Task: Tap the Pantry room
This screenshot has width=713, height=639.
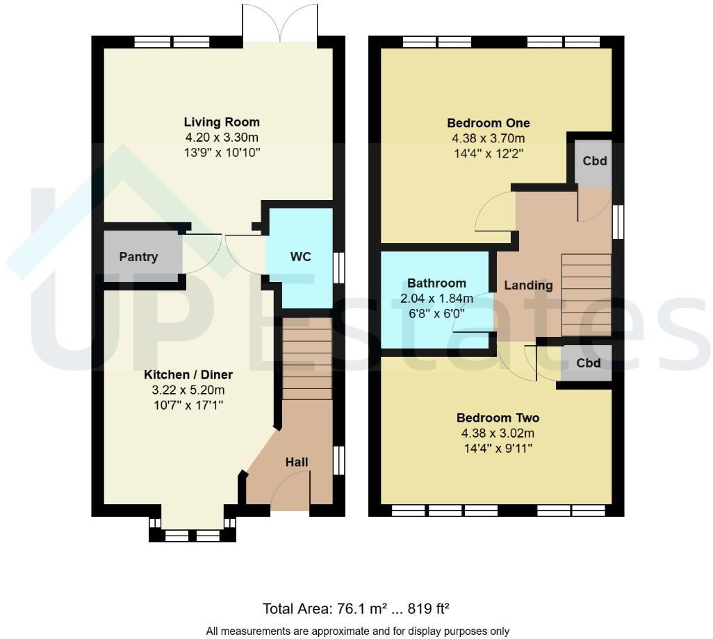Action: pos(139,256)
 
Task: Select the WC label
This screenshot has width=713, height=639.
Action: pos(300,256)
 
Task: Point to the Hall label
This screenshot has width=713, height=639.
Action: pos(296,462)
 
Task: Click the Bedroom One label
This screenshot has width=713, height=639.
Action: pos(488,123)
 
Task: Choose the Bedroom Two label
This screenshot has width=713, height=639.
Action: pos(498,417)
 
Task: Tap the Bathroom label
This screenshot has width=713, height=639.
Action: pos(436,283)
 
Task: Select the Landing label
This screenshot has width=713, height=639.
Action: pos(528,285)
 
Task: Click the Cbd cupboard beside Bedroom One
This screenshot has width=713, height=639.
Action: pos(594,161)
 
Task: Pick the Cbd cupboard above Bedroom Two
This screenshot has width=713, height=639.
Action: pos(588,363)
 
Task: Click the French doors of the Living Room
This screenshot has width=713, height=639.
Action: pos(279,24)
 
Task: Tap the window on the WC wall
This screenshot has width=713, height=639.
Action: pos(338,267)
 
